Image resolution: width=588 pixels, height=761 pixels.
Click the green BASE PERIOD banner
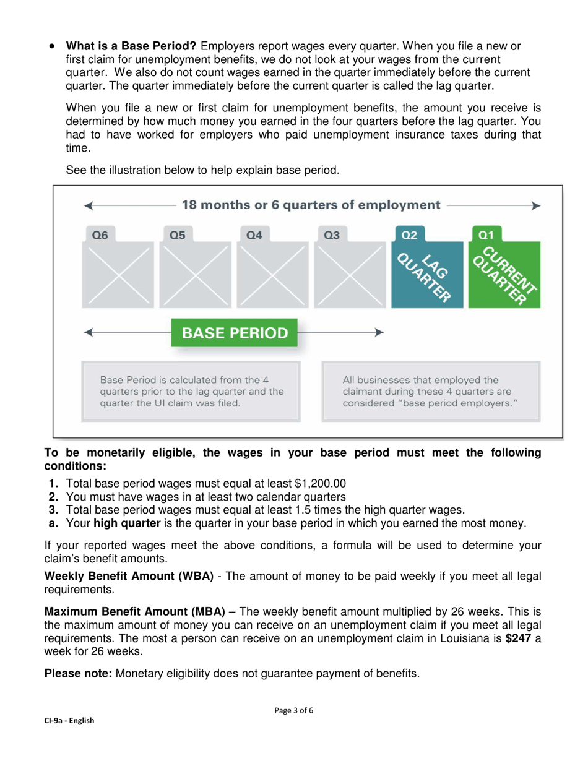point(235,333)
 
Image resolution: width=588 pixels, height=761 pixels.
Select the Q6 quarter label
point(100,235)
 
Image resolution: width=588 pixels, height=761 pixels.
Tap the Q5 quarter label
point(177,235)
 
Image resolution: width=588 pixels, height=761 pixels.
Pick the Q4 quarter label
point(254,235)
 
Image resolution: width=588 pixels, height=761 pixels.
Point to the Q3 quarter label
point(332,235)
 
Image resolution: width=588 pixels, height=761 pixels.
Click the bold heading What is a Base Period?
point(131,46)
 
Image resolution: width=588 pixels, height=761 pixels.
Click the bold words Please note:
point(79,674)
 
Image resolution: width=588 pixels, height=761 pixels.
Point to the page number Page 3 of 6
point(294,710)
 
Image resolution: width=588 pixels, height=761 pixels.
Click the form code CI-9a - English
point(69,721)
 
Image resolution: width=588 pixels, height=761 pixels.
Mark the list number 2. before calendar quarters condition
point(53,497)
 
